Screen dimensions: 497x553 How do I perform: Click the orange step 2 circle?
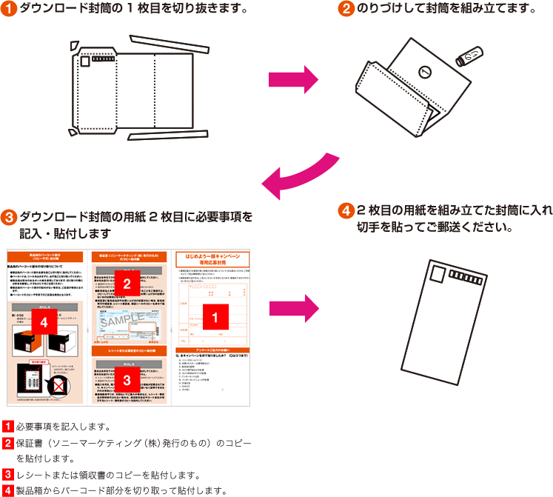(x=346, y=10)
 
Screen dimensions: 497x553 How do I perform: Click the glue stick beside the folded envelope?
(x=469, y=57)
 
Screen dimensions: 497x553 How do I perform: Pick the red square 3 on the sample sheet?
(x=127, y=380)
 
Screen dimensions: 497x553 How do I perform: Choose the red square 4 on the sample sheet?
(x=44, y=323)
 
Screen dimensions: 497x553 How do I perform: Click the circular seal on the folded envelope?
(x=424, y=72)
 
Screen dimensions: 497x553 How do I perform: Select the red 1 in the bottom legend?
(x=8, y=427)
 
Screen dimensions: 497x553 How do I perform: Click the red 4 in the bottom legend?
(x=8, y=490)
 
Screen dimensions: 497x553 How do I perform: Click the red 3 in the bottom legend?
(x=8, y=474)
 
